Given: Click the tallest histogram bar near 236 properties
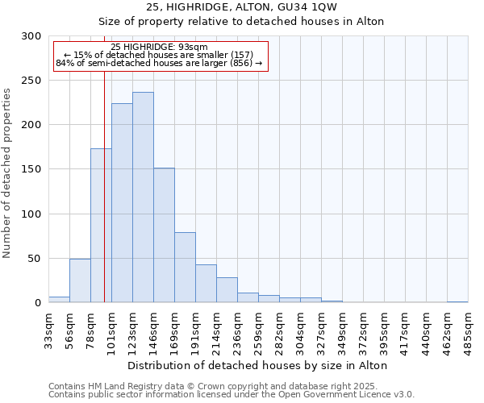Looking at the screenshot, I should click(143, 197).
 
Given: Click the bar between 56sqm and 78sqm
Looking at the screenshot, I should click(80, 280).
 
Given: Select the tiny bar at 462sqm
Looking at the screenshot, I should click(457, 301).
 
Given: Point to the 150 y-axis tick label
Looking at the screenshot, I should click(31, 169).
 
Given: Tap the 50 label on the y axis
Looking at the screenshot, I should click(35, 259).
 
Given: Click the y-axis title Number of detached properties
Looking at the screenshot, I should click(7, 173).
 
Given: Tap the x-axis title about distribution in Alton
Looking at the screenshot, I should click(257, 365).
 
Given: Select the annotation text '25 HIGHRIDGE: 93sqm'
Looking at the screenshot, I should click(159, 47).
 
